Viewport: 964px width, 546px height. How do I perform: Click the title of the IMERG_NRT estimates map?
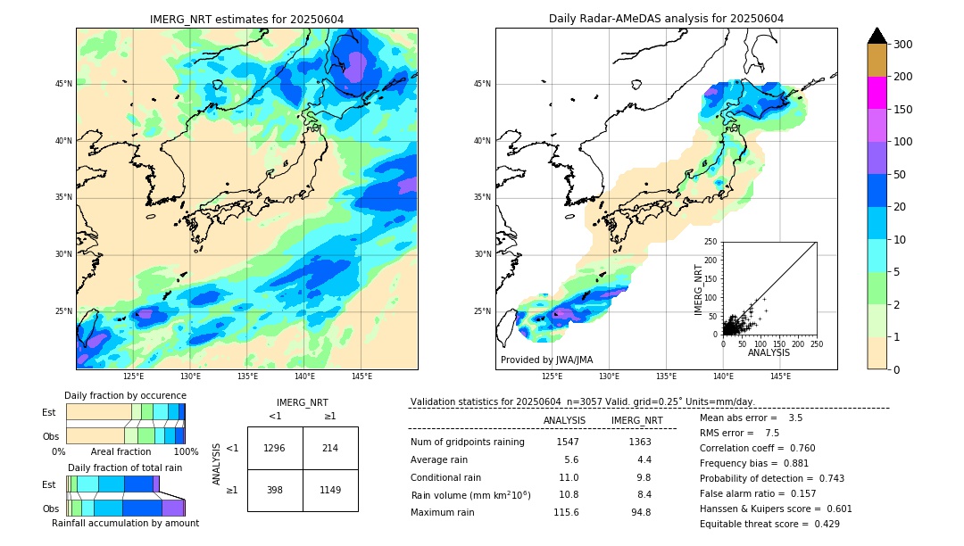pyautogui.click(x=246, y=19)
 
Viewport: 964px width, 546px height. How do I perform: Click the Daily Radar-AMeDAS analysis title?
pyautogui.click(x=666, y=19)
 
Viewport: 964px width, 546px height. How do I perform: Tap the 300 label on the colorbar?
pyautogui.click(x=903, y=44)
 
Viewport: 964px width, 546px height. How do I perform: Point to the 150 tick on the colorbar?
pyautogui.click(x=903, y=110)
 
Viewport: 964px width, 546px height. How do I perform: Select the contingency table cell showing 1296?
pyautogui.click(x=275, y=448)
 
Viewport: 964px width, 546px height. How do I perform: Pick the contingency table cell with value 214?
pyautogui.click(x=330, y=448)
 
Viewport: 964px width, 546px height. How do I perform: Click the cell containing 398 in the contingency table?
pyautogui.click(x=275, y=490)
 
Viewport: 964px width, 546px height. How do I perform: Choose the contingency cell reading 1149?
pyautogui.click(x=330, y=490)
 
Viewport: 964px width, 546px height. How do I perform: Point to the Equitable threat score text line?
pyautogui.click(x=769, y=524)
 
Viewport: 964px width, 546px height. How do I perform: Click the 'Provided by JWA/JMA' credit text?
pyautogui.click(x=546, y=360)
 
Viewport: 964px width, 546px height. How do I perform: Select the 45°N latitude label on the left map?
pyautogui.click(x=63, y=84)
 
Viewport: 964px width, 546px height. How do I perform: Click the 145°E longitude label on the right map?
pyautogui.click(x=780, y=376)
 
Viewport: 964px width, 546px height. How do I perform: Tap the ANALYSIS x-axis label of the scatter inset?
pyautogui.click(x=769, y=353)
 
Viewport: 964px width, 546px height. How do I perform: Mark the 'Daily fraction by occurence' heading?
pyautogui.click(x=125, y=395)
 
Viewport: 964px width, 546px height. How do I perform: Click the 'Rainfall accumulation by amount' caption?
pyautogui.click(x=125, y=523)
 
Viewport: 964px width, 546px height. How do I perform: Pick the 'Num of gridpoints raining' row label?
pyautogui.click(x=468, y=442)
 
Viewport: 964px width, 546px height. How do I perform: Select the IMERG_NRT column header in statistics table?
pyautogui.click(x=636, y=420)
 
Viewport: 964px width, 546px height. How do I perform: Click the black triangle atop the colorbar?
pyautogui.click(x=877, y=36)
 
